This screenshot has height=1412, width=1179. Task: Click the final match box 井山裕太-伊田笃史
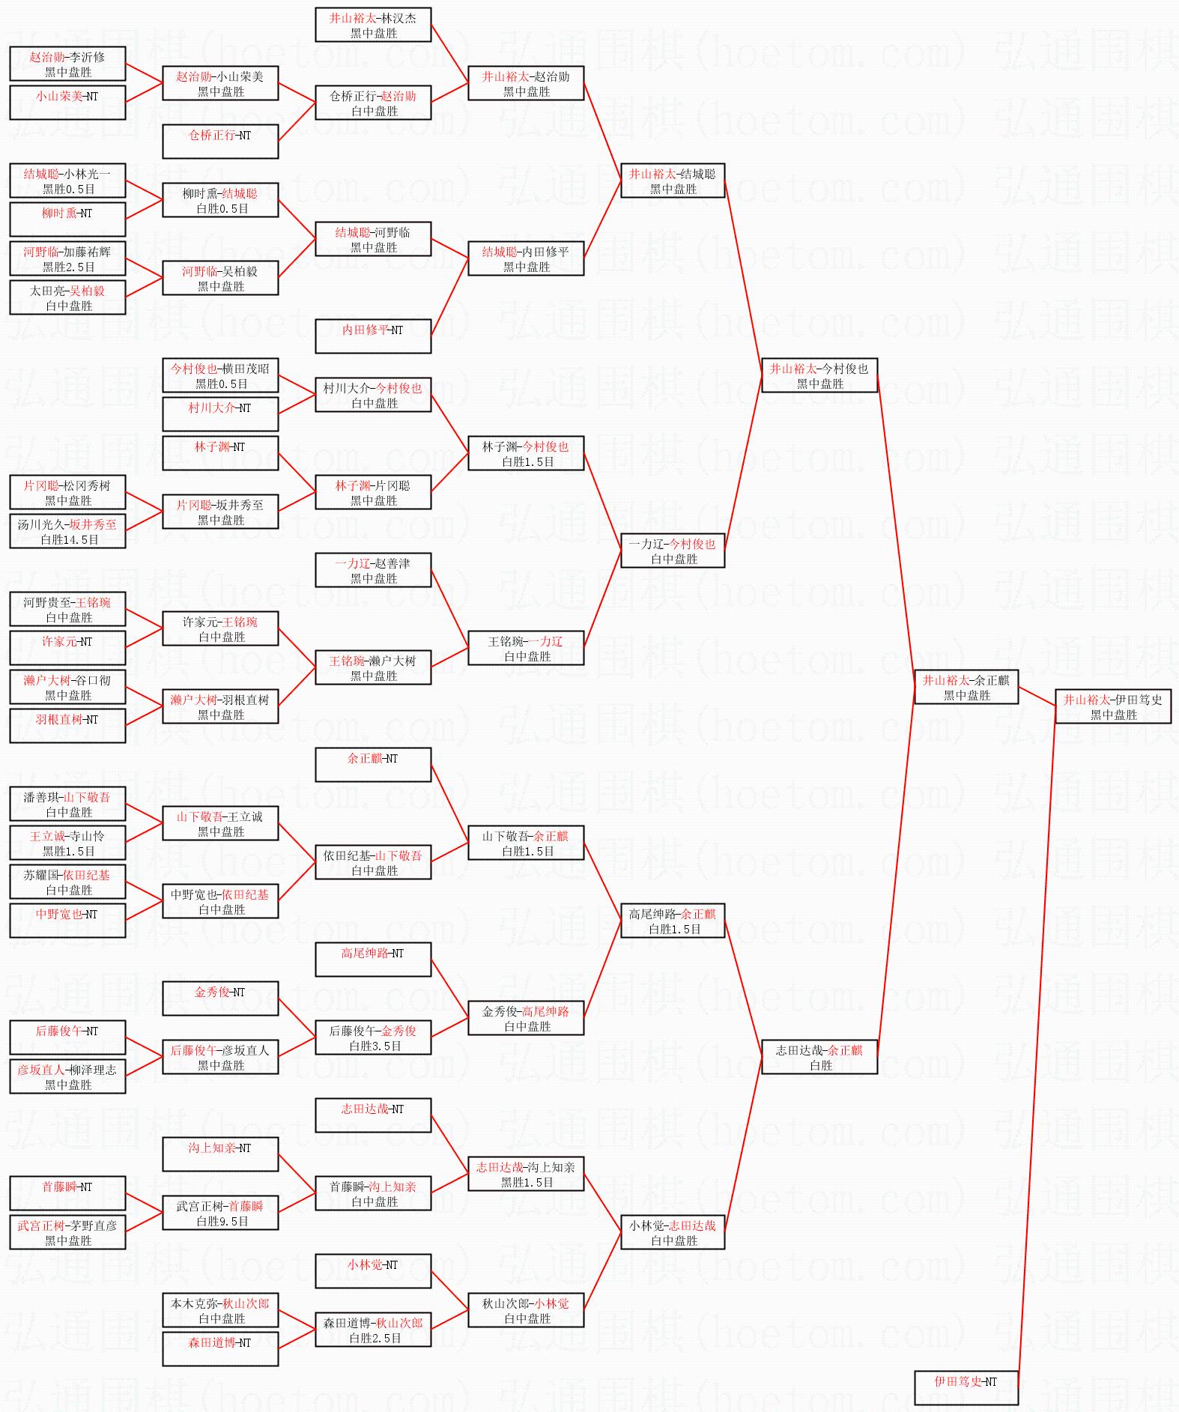pos(1112,706)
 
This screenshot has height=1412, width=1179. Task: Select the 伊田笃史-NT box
pos(966,1387)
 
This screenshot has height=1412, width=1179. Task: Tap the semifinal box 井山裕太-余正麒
pos(966,687)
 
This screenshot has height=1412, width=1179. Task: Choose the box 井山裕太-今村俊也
pos(819,375)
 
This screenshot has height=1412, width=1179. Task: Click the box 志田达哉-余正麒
pos(819,1057)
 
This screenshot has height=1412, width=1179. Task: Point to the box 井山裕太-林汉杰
pos(373,25)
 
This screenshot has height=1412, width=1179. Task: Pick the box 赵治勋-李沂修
pos(67,64)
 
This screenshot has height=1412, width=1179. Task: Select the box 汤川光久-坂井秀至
pos(67,531)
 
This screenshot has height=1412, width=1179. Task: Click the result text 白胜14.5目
pos(69,539)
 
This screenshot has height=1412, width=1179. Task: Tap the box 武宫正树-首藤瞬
pos(220,1213)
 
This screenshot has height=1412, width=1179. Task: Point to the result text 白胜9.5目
pos(222,1221)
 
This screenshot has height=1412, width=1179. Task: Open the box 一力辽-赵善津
pos(373,570)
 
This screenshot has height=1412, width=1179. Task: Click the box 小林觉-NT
pos(373,1271)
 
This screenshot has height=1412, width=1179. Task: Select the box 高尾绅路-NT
pos(373,960)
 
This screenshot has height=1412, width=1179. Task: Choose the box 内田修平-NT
pos(373,336)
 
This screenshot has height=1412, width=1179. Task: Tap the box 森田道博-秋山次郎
pos(373,1330)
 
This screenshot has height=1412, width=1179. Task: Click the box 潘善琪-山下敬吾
pos(67,804)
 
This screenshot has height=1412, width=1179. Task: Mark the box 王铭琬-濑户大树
pos(373,667)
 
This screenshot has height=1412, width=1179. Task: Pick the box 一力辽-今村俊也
pos(672,551)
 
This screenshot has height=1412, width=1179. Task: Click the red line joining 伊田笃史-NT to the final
pos(1037,1049)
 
